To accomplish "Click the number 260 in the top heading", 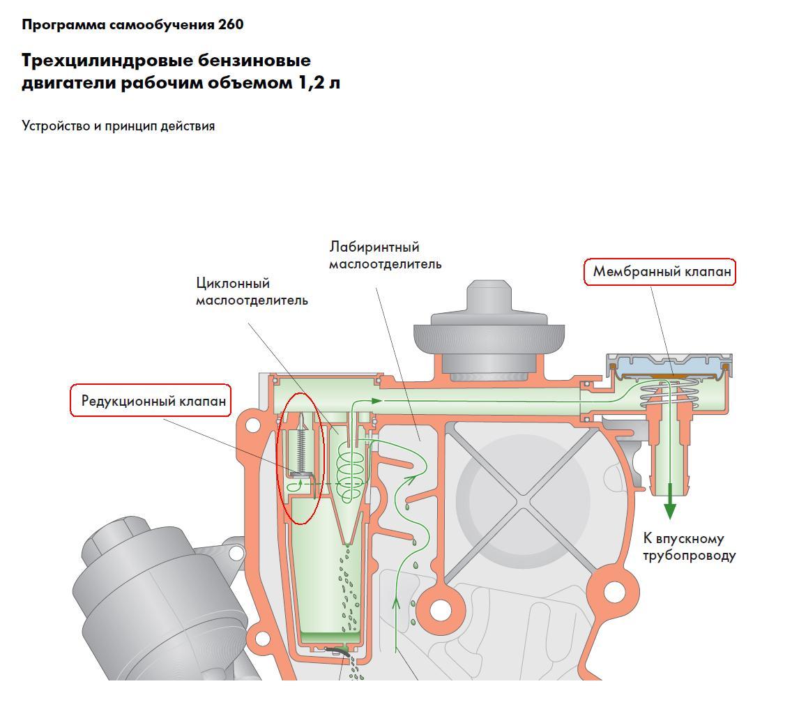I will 230,25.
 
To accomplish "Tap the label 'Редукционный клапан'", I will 153,401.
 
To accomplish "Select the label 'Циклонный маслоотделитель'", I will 251,292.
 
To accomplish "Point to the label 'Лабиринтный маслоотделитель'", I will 385,256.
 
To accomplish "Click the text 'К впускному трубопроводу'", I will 688,547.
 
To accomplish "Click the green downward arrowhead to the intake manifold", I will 670,510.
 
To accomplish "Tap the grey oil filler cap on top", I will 487,328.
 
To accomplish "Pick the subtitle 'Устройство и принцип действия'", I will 119,126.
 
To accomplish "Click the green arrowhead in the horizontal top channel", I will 376,401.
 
